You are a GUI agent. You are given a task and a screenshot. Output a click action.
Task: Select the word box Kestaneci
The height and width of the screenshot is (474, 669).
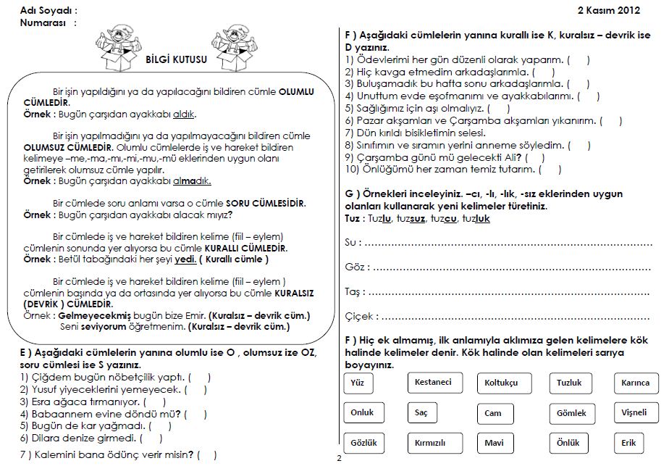[x=433, y=382]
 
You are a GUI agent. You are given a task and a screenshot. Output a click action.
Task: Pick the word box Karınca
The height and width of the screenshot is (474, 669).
[x=635, y=383]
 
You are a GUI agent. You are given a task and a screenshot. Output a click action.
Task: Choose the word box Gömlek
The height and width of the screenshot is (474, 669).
[x=571, y=413]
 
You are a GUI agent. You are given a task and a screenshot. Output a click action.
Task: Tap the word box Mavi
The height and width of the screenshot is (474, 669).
[x=495, y=443]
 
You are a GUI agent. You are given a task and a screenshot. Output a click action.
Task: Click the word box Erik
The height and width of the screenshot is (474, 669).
[x=628, y=443]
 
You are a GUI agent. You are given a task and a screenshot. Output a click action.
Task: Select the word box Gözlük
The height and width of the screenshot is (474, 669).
[x=363, y=442]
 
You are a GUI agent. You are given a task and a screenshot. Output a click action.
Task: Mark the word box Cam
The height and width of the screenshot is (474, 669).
[x=493, y=413]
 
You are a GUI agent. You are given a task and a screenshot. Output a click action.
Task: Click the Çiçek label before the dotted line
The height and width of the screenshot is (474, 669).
[x=361, y=316]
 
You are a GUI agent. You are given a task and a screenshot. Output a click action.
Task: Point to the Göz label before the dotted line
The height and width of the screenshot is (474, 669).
[x=357, y=267]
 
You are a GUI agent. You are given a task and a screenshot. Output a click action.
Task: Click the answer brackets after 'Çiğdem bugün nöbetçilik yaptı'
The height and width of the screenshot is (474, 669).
[x=200, y=377]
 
